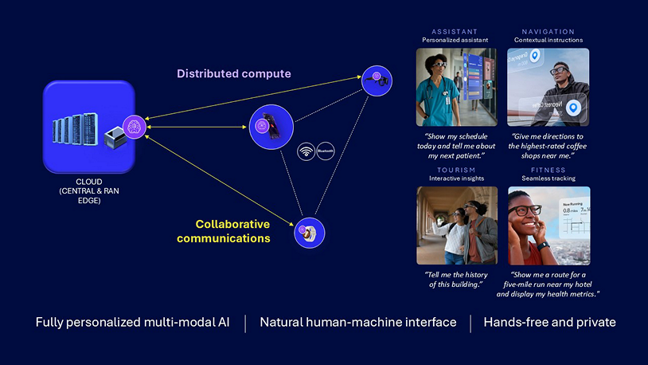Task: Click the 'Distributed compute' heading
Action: click(233, 74)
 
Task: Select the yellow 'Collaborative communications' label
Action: click(223, 231)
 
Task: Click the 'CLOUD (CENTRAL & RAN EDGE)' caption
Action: click(88, 190)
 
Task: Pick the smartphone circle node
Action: click(271, 125)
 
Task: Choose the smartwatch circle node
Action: click(309, 234)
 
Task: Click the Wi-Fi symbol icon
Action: click(306, 151)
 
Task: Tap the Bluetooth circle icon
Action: click(325, 151)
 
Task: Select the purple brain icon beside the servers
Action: click(135, 126)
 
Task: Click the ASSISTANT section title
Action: click(455, 32)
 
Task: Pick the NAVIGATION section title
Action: click(548, 32)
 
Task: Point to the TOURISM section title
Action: click(456, 170)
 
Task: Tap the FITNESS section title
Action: click(548, 170)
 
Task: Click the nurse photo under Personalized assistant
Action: click(456, 87)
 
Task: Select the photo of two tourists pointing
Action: click(456, 226)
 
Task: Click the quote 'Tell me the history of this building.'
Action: click(456, 279)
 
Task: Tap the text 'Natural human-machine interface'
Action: click(358, 323)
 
